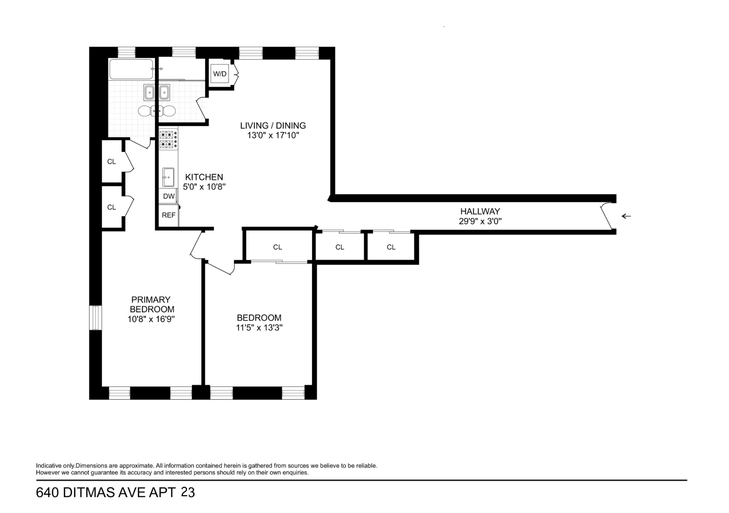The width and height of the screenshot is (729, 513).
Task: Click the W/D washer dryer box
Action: click(x=219, y=74)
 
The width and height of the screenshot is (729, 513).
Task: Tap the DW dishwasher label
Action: click(x=169, y=196)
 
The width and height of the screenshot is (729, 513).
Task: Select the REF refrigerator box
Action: click(x=168, y=215)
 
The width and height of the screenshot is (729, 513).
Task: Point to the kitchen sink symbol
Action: click(x=168, y=177)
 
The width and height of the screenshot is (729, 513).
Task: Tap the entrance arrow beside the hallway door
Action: click(x=626, y=216)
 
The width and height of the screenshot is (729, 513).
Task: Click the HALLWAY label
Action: click(x=480, y=211)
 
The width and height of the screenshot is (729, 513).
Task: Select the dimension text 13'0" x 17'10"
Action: click(x=273, y=136)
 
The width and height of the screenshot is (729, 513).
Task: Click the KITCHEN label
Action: click(x=204, y=177)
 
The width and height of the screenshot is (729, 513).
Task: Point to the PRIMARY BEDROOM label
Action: click(x=151, y=304)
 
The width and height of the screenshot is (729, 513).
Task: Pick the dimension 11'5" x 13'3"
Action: click(x=259, y=328)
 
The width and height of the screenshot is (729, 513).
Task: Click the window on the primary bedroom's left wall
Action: click(x=95, y=318)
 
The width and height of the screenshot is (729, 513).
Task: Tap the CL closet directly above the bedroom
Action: click(x=277, y=247)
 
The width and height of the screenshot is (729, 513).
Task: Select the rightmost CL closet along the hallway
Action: click(x=391, y=247)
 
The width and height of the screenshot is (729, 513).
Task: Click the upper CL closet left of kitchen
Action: click(x=112, y=161)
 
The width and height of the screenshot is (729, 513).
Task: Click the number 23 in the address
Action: click(x=188, y=493)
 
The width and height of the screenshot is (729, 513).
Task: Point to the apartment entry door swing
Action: click(x=607, y=217)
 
